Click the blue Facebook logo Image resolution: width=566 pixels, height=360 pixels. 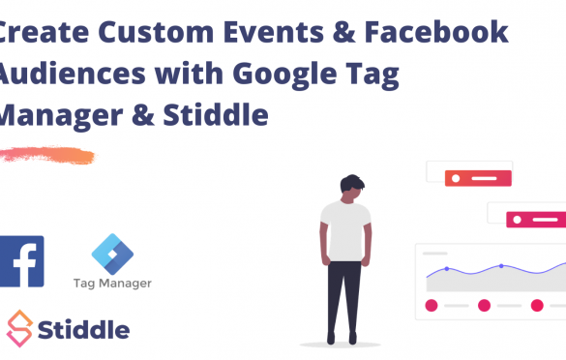(21, 260)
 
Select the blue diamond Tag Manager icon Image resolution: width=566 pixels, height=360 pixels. (112, 254)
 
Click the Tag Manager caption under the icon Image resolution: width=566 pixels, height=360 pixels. (112, 284)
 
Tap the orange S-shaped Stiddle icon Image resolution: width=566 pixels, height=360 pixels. (19, 329)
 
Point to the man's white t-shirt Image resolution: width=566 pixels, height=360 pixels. (345, 230)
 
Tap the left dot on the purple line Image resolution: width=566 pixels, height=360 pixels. (446, 268)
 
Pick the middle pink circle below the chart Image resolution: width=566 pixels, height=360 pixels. (484, 306)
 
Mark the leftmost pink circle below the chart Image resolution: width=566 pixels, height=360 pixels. (432, 306)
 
